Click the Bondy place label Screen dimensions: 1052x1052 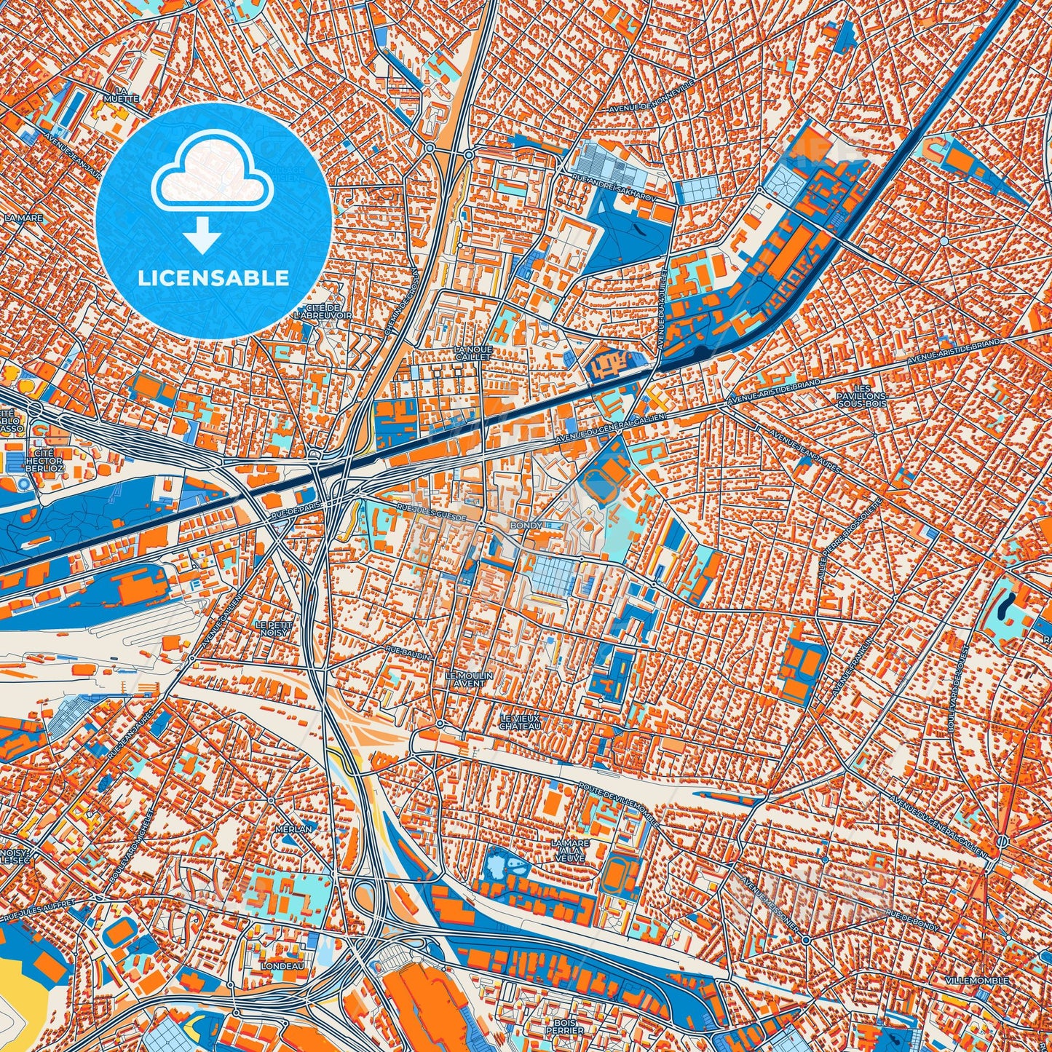(x=526, y=525)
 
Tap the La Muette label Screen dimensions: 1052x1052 (x=116, y=95)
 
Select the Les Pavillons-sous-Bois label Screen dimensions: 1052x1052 (x=863, y=395)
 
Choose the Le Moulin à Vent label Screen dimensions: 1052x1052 (x=469, y=679)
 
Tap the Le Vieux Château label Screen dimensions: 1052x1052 (x=520, y=722)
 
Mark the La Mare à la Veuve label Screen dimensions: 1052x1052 (x=570, y=848)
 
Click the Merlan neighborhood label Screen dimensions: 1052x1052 (x=293, y=828)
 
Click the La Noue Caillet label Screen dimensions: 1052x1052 (x=473, y=353)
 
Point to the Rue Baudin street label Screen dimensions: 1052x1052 (x=408, y=652)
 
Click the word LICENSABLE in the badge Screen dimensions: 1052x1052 (x=214, y=277)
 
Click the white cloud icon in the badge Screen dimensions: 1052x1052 (x=212, y=171)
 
